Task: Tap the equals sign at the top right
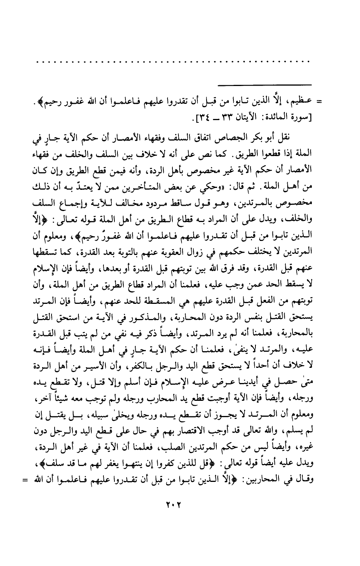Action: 319,102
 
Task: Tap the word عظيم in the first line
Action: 304,102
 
